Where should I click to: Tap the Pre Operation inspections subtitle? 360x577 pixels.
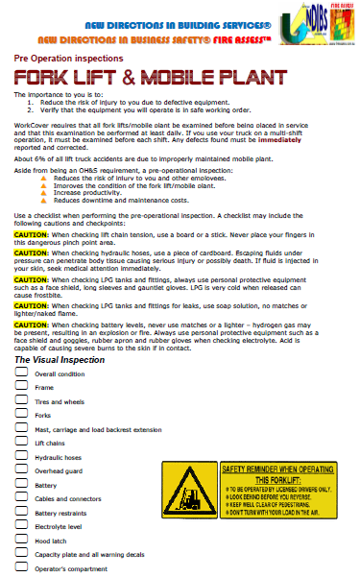tap(64, 59)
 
